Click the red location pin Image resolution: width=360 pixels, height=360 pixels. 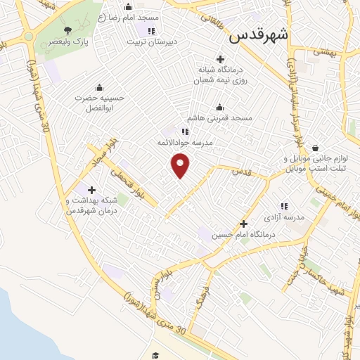(181, 165)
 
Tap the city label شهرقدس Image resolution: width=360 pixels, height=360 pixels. (261, 34)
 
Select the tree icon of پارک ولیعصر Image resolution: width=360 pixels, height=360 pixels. (67, 30)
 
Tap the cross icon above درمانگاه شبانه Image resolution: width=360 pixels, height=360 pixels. (220, 59)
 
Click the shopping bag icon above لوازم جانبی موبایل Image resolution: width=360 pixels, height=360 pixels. (314, 148)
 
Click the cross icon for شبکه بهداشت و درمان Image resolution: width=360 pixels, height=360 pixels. (91, 189)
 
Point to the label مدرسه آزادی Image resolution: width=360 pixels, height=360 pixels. (284, 217)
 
